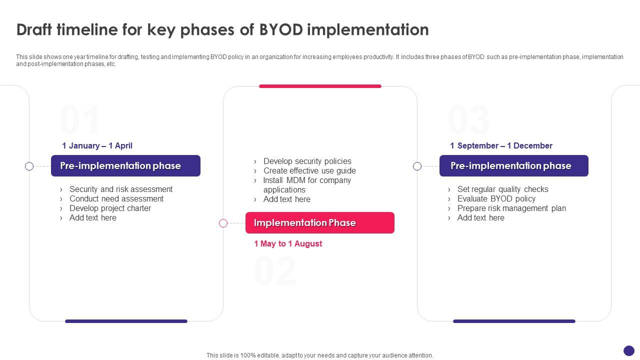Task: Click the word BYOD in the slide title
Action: [280, 30]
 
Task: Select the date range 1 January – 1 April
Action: [97, 146]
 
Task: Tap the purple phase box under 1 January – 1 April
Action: [125, 166]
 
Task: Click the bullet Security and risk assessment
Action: [120, 189]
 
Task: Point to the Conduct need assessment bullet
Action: [116, 199]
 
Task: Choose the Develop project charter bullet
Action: [110, 208]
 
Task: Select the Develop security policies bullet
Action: [307, 161]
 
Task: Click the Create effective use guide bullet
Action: [309, 171]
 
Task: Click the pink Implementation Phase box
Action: [319, 223]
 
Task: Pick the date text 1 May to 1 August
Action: [288, 244]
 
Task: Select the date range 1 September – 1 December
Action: [501, 146]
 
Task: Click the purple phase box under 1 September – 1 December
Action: [513, 166]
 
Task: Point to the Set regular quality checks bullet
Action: [502, 189]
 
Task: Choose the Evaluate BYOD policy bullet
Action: [496, 199]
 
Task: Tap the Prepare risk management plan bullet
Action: [511, 208]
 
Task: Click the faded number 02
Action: [275, 271]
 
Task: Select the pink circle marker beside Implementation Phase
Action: [223, 223]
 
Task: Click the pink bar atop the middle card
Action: [320, 86]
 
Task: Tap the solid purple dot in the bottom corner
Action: [629, 350]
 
